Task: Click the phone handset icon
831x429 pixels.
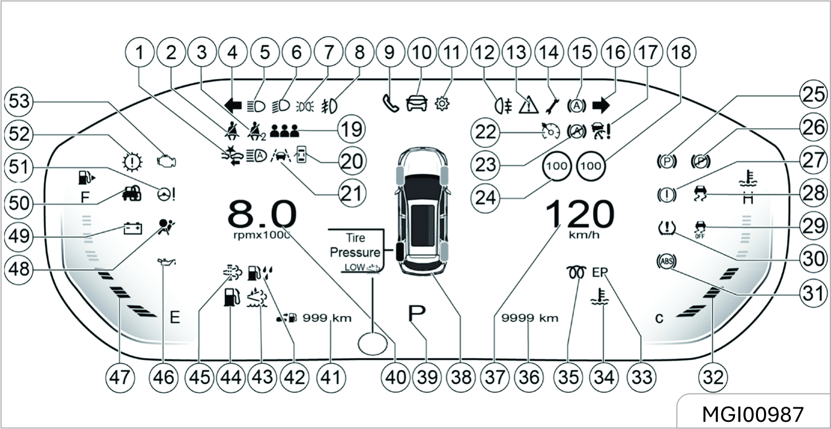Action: tap(389, 104)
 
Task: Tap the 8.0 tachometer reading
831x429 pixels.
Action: tap(262, 214)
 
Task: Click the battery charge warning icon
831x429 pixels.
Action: tap(133, 228)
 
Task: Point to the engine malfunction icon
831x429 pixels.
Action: tap(168, 161)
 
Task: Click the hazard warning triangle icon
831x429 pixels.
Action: tap(528, 104)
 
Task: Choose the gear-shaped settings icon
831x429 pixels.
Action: tap(441, 104)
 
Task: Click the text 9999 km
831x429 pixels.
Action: tap(530, 318)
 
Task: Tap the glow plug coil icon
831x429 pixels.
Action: tap(575, 273)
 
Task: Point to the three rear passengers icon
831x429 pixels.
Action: tap(285, 132)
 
